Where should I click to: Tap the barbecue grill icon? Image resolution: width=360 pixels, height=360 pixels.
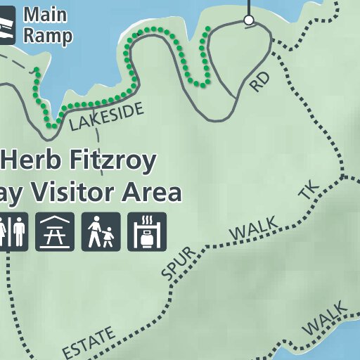(x=147, y=231)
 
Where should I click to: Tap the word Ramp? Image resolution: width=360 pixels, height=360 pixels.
(x=47, y=36)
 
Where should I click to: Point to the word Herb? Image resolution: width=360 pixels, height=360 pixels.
(x=36, y=160)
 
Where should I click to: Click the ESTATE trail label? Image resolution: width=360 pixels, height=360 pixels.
(x=89, y=342)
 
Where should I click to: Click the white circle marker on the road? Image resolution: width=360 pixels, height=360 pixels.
(x=248, y=20)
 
